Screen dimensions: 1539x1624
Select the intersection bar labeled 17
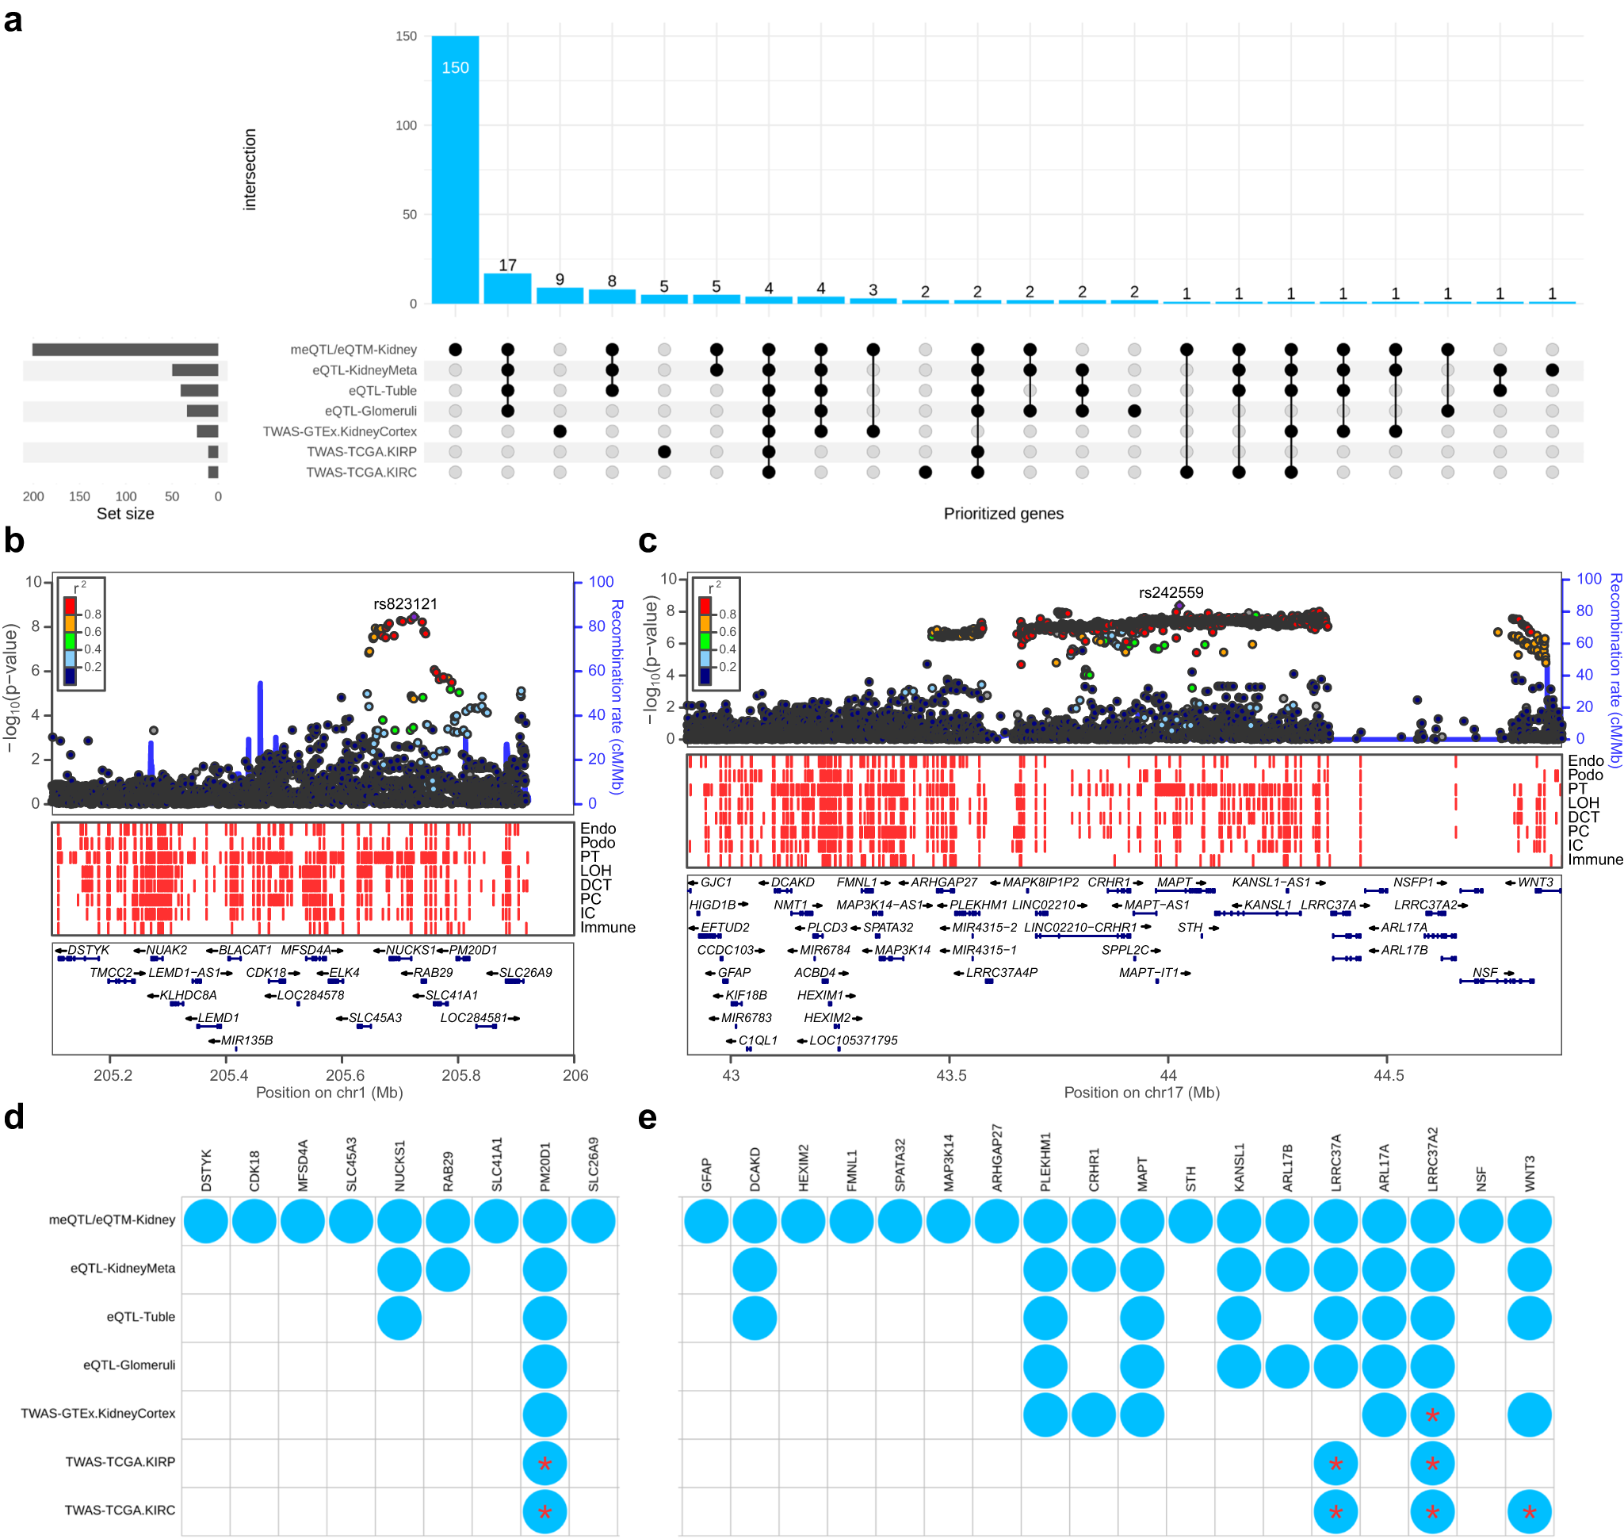507,288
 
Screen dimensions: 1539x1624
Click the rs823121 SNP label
405,604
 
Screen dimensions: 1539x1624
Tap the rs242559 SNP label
1171,592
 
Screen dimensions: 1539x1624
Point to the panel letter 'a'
13,20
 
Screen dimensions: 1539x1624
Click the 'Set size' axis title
124,514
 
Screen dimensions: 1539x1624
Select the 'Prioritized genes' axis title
1003,514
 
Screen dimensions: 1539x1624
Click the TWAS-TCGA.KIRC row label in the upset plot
361,473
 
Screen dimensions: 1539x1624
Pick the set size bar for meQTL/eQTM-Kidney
124,350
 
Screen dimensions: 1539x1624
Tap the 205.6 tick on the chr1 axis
346,1074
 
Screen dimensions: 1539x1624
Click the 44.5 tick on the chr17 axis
1388,1074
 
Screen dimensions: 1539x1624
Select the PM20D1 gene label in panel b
473,950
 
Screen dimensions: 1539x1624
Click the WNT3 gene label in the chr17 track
1534,882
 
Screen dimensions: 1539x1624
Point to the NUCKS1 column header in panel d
399,1165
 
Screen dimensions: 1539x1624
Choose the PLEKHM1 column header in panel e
1045,1162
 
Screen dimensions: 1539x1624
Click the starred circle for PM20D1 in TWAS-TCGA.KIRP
545,1464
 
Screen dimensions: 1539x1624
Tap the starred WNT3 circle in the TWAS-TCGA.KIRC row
1529,1512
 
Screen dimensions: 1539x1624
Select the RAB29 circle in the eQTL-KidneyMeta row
448,1269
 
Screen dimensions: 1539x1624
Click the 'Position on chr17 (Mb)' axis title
1141,1093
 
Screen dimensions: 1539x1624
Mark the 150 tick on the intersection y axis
406,36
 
